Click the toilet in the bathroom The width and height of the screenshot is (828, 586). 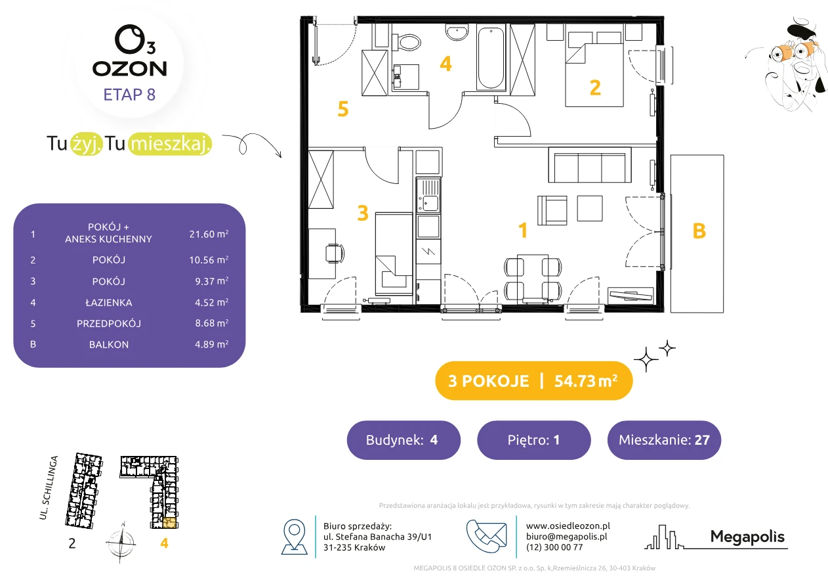(x=406, y=42)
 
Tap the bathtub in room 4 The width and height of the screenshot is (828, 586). (x=491, y=57)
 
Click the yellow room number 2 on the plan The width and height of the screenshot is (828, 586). (x=595, y=88)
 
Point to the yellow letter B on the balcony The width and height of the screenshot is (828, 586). (x=699, y=231)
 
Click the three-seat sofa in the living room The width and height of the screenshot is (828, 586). (x=590, y=165)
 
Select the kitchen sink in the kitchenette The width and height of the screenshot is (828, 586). (x=428, y=196)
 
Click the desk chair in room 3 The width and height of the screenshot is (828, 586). (x=335, y=253)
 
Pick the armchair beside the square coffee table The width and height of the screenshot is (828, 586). (x=552, y=210)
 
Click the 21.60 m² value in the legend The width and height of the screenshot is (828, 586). (x=209, y=234)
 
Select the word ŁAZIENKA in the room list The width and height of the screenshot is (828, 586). (x=109, y=303)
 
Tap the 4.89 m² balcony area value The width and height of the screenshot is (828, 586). (x=212, y=344)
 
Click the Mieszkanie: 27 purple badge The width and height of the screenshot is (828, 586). (x=664, y=439)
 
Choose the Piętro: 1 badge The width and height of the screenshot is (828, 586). (x=534, y=439)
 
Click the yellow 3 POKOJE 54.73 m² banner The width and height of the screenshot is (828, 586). (x=534, y=380)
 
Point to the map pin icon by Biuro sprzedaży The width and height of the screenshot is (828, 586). (x=294, y=536)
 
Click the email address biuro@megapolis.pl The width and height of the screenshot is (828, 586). (x=567, y=536)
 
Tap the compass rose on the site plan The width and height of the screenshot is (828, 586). (x=121, y=541)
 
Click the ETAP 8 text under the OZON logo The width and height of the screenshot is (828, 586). (x=129, y=95)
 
